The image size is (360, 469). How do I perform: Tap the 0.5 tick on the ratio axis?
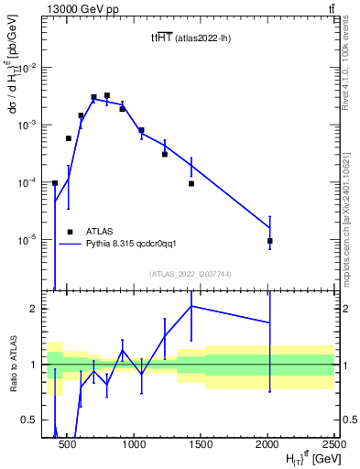point(35,420)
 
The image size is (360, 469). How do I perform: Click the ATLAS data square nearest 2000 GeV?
point(269,241)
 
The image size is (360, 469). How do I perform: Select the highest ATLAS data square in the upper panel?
point(107,94)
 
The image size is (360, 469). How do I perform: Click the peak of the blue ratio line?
point(191,305)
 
